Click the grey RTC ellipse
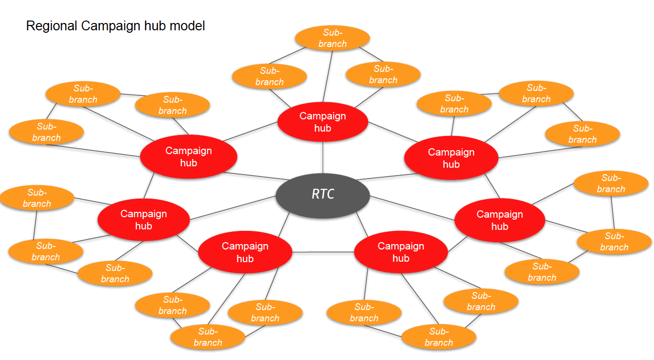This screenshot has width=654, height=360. tap(323, 194)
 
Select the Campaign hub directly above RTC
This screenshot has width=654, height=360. tap(323, 122)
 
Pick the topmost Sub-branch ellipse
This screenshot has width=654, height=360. tap(333, 38)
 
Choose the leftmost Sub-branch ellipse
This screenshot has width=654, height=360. tap(37, 198)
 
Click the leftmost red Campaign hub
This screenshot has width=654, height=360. tap(144, 220)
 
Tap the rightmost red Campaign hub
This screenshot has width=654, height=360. tap(500, 220)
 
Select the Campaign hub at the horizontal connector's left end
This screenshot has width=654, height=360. tap(245, 252)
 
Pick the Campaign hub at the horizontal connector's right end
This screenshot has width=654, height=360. tap(401, 252)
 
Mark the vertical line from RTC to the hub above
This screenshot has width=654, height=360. tap(323, 157)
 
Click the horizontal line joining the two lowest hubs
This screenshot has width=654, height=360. tap(323, 252)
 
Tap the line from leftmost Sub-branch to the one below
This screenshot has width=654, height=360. tap(35, 225)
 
